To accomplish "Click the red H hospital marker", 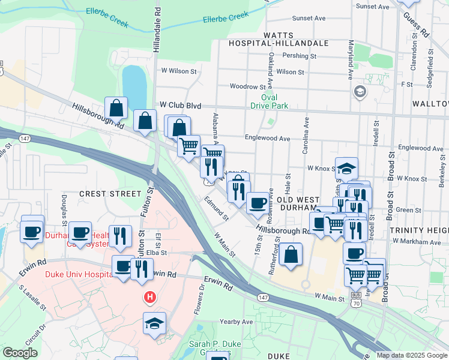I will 149,297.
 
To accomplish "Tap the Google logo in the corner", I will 20,353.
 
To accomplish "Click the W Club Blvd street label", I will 176,105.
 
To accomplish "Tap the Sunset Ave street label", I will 307,18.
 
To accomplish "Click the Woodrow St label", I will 247,87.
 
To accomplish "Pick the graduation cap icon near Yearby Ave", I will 154,323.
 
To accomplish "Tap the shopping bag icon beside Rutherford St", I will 291,254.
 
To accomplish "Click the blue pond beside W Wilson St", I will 134,85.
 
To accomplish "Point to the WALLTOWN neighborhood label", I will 430,104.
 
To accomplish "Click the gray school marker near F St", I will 360,92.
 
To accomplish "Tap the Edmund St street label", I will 216,208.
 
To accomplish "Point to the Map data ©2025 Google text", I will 411,355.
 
